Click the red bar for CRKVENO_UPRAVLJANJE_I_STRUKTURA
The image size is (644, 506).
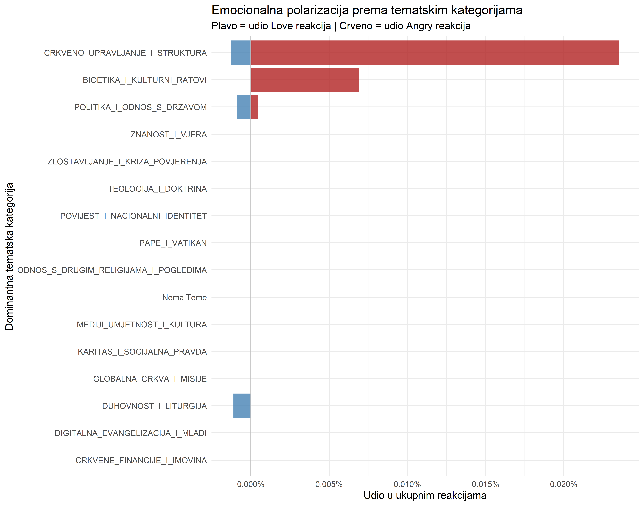pyautogui.click(x=435, y=53)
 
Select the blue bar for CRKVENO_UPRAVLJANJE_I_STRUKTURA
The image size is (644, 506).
pyautogui.click(x=241, y=53)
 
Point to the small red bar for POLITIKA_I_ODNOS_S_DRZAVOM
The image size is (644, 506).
pyautogui.click(x=254, y=107)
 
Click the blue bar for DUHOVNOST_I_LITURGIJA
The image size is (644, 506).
pyautogui.click(x=242, y=406)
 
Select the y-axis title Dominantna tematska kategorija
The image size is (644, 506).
pyautogui.click(x=9, y=256)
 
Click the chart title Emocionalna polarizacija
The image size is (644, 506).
pyautogui.click(x=367, y=10)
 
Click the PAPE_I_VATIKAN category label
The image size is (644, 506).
pyautogui.click(x=173, y=243)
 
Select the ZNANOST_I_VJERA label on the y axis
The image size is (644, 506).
pyautogui.click(x=169, y=135)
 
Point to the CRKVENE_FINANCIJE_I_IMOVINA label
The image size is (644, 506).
pyautogui.click(x=141, y=460)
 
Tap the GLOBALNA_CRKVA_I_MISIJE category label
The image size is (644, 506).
pyautogui.click(x=150, y=379)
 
